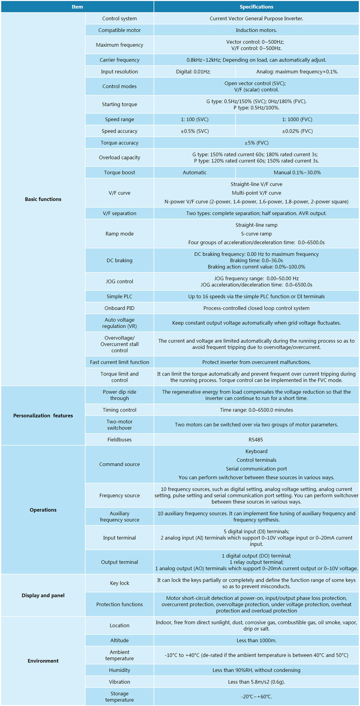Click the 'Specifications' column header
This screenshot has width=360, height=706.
click(x=256, y=7)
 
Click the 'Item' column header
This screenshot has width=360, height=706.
click(x=77, y=7)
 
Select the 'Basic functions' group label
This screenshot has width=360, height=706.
click(x=43, y=199)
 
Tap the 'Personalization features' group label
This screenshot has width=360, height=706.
click(x=43, y=415)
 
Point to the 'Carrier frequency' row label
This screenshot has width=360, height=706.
click(x=119, y=60)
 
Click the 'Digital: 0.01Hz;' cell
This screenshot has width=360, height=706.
click(x=193, y=71)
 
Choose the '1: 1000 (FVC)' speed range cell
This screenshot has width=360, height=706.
click(x=297, y=119)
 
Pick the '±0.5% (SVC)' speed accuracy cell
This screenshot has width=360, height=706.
click(x=195, y=131)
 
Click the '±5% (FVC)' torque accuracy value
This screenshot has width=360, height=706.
click(x=256, y=143)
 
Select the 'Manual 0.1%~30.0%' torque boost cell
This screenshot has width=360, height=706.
click(x=297, y=172)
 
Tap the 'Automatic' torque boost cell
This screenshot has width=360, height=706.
click(x=195, y=172)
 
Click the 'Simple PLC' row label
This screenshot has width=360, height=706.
click(x=119, y=296)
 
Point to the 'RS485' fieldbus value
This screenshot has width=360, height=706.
click(x=256, y=439)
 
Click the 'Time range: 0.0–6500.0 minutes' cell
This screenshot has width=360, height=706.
click(x=256, y=410)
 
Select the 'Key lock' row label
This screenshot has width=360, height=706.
click(x=119, y=583)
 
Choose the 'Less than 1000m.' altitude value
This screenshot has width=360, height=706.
click(x=256, y=640)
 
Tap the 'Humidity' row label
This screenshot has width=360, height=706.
click(x=119, y=670)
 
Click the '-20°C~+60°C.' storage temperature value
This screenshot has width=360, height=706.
click(x=256, y=696)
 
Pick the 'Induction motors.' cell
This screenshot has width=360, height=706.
click(x=256, y=30)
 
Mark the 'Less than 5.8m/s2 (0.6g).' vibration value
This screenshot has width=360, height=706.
click(x=256, y=682)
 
